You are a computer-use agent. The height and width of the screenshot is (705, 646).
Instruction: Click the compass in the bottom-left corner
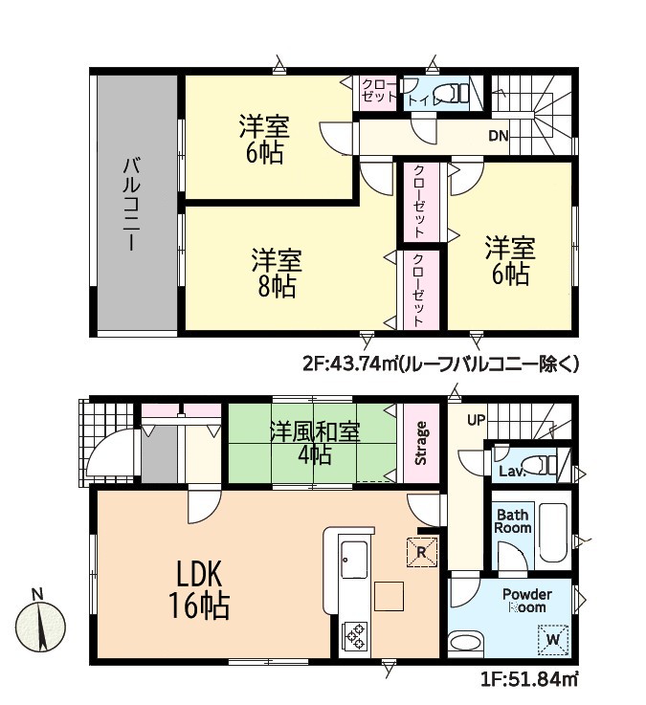(x=40, y=626)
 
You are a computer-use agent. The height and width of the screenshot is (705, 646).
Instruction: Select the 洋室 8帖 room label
(x=277, y=273)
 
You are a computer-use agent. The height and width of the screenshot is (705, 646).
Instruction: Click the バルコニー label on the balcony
(x=132, y=203)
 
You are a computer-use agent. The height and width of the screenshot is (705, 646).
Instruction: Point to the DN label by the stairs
(x=499, y=135)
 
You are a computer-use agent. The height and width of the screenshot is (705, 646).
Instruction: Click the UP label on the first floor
(x=476, y=420)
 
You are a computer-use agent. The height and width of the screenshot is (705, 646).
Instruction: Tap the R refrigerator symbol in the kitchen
(x=421, y=552)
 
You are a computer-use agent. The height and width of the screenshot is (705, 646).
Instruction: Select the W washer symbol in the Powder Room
(x=553, y=639)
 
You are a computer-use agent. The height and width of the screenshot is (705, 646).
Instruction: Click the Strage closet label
(x=421, y=443)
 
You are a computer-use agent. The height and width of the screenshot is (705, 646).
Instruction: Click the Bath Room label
(x=513, y=521)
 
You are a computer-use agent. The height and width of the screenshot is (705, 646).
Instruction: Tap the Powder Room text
(x=526, y=601)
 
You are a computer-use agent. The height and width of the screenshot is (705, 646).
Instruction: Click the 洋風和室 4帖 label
(x=315, y=443)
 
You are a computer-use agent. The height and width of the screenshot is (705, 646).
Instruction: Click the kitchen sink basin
(x=354, y=560)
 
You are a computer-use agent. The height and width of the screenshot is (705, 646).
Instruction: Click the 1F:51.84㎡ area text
(x=529, y=679)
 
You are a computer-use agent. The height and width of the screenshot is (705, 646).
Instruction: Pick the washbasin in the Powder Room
(x=466, y=642)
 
